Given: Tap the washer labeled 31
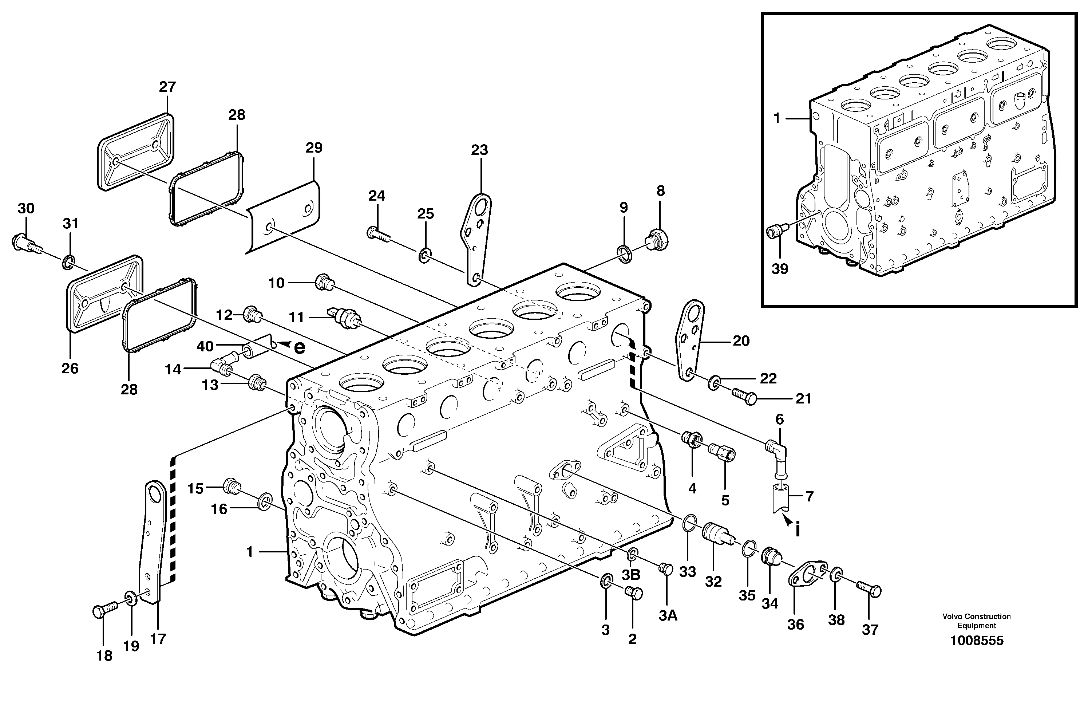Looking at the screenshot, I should tap(68, 262).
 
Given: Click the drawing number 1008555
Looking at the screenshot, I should tap(977, 641).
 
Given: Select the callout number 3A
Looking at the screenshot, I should tap(668, 616).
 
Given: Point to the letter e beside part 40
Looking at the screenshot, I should tap(299, 348).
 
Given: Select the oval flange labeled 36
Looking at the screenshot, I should tap(808, 576).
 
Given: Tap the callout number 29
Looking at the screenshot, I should tap(314, 148).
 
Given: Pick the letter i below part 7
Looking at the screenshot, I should tap(798, 530).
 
